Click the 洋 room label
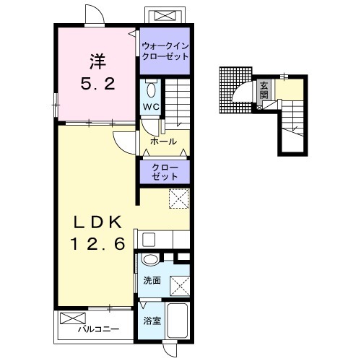click(x=97, y=61)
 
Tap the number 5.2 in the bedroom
click(x=97, y=84)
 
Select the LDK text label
click(x=97, y=222)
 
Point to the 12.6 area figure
click(x=97, y=243)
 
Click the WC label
click(x=151, y=107)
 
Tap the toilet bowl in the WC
click(x=151, y=90)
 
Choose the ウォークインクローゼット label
click(x=165, y=51)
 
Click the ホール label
click(x=163, y=142)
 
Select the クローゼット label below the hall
click(x=165, y=173)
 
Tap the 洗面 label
click(x=152, y=280)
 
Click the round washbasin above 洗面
click(x=150, y=259)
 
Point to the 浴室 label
click(x=152, y=321)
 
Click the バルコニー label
click(x=98, y=329)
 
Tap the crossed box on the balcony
click(x=73, y=318)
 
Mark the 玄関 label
click(x=264, y=90)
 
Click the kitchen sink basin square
click(x=149, y=240)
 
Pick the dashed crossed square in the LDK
click(x=179, y=199)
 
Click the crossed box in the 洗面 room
click(x=180, y=286)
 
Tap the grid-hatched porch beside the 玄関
click(x=235, y=90)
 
